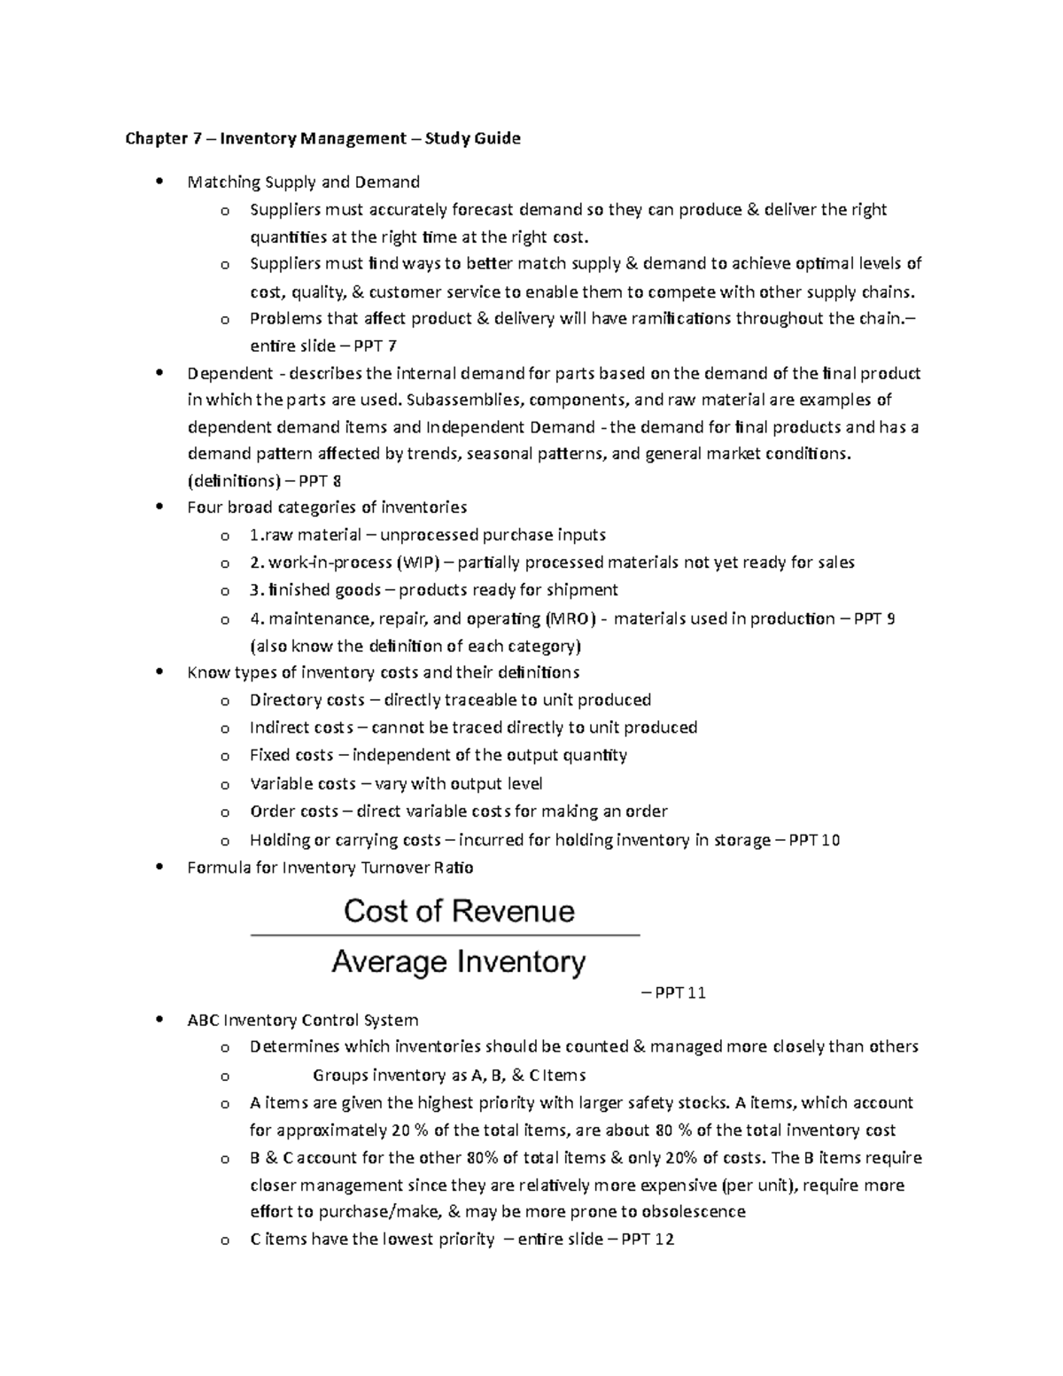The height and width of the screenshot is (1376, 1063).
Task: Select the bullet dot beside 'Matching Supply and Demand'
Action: [159, 183]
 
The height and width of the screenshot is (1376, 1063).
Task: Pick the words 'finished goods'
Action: [326, 590]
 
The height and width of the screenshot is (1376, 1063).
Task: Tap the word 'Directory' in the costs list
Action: [282, 700]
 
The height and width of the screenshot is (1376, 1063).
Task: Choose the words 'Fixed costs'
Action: [291, 756]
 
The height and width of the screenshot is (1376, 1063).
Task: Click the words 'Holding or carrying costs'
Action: [345, 840]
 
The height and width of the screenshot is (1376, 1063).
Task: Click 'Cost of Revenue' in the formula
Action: [458, 911]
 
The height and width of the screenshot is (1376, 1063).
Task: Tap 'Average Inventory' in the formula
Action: [458, 962]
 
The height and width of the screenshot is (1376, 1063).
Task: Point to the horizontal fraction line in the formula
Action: [445, 936]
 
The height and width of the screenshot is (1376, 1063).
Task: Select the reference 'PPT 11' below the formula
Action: [679, 993]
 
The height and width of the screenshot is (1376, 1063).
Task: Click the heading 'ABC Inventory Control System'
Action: [303, 1020]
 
